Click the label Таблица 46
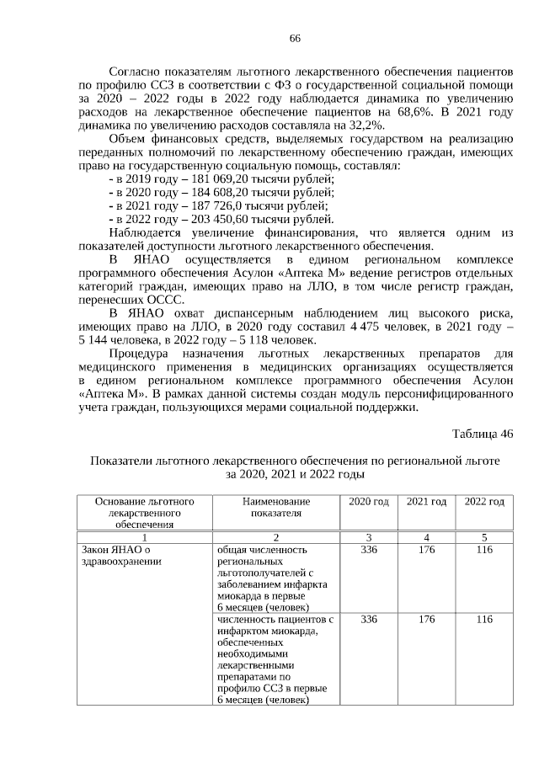tap(482, 434)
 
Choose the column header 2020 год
tap(368, 502)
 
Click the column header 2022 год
tap(483, 502)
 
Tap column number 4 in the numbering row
tap(426, 537)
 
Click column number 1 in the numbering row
tap(145, 537)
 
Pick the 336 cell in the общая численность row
tap(368, 550)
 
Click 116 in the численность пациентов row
tap(483, 619)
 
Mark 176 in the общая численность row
tap(426, 550)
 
